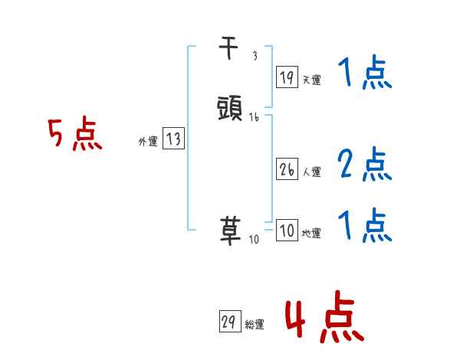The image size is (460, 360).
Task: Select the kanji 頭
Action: click(x=231, y=106)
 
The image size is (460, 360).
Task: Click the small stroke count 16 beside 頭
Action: click(x=254, y=117)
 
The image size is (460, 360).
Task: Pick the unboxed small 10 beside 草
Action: click(x=255, y=240)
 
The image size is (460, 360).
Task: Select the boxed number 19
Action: click(x=286, y=77)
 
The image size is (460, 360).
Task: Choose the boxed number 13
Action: click(x=173, y=139)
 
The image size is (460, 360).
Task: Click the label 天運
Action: click(x=311, y=80)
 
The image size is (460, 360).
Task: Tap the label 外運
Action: click(x=147, y=142)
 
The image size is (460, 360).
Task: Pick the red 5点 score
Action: click(x=75, y=136)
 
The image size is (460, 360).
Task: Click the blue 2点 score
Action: click(x=364, y=165)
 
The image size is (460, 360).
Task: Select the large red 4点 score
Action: click(x=324, y=319)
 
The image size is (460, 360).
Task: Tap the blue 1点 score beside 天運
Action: click(x=364, y=75)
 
